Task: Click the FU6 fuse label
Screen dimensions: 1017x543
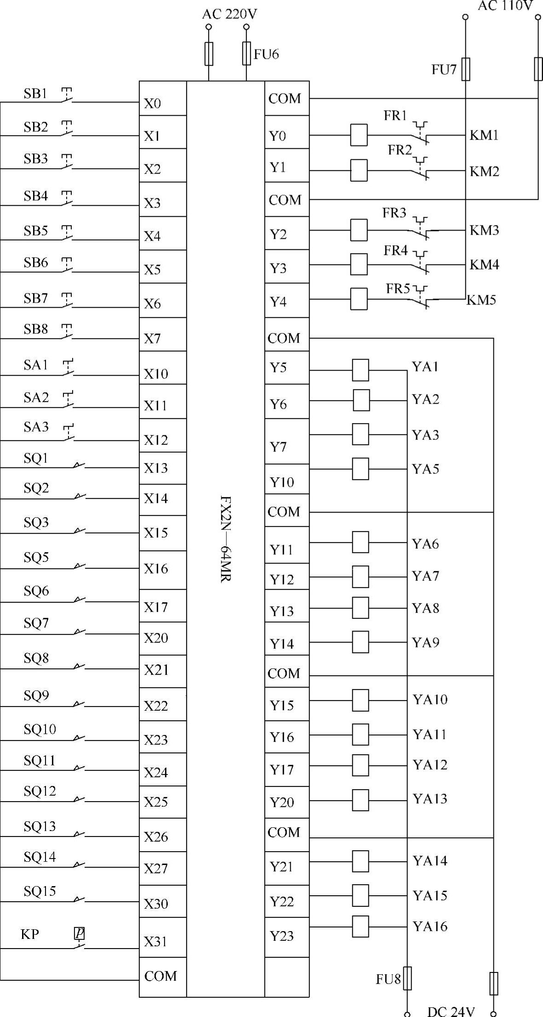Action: (266, 55)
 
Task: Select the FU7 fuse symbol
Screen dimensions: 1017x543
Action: (466, 69)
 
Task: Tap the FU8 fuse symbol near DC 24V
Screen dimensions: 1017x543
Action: (407, 978)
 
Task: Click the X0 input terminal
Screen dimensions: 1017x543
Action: (153, 104)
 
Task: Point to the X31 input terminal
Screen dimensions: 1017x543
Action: (155, 942)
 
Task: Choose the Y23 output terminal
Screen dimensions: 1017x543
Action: (281, 936)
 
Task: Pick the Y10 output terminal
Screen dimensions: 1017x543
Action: (281, 482)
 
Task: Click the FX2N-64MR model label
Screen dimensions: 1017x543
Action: (225, 538)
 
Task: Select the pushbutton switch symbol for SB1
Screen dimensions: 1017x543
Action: (67, 95)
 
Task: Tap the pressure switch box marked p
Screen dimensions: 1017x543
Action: (80, 933)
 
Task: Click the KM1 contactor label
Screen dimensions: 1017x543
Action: (484, 136)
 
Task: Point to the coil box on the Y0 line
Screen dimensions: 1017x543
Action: (359, 135)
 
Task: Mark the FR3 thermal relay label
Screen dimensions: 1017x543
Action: (394, 213)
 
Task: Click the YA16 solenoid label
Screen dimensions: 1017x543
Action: (430, 926)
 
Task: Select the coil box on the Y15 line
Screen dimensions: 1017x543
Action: (360, 701)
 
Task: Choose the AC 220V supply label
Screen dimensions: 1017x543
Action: (229, 15)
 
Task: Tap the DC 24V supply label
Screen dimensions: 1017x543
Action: (451, 1011)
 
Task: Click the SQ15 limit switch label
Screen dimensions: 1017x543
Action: (40, 891)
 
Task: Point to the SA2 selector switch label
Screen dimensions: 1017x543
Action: (36, 397)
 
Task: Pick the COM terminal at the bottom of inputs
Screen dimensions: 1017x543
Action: (160, 976)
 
